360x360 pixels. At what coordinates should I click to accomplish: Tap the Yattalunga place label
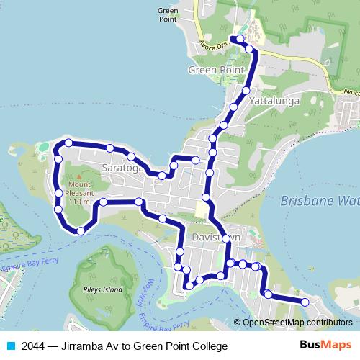pyautogui.click(x=276, y=102)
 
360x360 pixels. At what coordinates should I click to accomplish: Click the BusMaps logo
pyautogui.click(x=325, y=346)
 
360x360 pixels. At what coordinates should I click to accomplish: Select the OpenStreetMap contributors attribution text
pyautogui.click(x=297, y=323)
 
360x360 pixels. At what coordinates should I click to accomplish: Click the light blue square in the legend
pyautogui.click(x=11, y=346)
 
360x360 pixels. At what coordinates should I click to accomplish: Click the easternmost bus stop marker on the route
pyautogui.click(x=305, y=302)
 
